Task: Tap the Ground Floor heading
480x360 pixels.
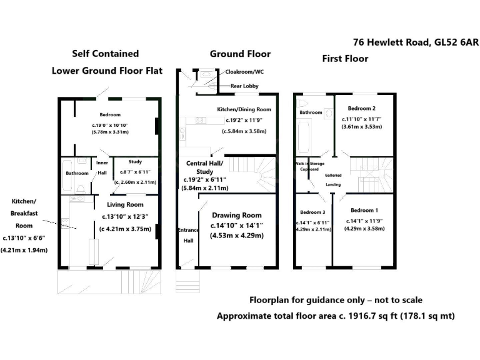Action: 234,54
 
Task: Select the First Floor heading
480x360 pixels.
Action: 345,59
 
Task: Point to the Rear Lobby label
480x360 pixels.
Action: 246,86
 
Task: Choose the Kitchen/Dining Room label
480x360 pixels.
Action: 244,109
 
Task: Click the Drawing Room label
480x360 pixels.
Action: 236,215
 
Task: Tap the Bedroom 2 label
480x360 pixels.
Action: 361,107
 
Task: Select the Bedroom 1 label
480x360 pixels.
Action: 363,210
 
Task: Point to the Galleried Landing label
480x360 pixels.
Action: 333,180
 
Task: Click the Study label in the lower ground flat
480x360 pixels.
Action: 135,161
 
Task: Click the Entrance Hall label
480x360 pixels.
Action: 186,235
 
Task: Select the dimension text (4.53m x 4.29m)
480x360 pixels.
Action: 236,236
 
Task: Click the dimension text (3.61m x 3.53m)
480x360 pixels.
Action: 361,127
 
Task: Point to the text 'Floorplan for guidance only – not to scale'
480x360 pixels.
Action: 336,300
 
